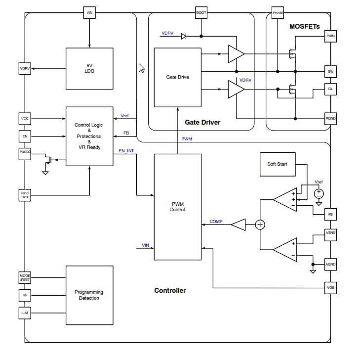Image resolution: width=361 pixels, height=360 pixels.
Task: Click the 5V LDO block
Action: [x=89, y=68]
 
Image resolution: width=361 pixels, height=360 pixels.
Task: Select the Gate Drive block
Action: [x=177, y=77]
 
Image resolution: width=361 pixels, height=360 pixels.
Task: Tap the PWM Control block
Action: [x=177, y=206]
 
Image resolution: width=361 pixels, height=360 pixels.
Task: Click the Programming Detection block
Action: [x=89, y=295]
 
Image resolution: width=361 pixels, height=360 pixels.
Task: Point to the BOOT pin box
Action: [x=201, y=12]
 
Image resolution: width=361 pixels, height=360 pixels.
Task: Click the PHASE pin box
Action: [x=278, y=12]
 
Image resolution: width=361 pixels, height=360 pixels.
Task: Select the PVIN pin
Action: [x=330, y=36]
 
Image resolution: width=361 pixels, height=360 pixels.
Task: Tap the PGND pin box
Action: [x=330, y=119]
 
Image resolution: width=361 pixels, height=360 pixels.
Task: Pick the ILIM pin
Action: [x=25, y=313]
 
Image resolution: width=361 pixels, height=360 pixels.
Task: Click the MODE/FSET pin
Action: [x=25, y=277]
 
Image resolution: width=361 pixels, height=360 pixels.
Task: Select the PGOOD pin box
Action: [x=25, y=153]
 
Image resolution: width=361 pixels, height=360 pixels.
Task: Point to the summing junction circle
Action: [x=260, y=225]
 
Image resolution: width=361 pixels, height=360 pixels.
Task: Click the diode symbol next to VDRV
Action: [x=183, y=36]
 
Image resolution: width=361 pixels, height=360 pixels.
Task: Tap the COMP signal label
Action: [x=216, y=222]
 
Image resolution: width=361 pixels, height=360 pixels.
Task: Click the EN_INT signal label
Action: [x=126, y=150]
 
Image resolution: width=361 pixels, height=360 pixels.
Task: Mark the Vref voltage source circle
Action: [x=319, y=192]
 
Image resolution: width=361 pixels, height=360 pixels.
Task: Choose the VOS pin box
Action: [x=330, y=288]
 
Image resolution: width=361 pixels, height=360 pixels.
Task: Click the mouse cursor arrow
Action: [x=141, y=68]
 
